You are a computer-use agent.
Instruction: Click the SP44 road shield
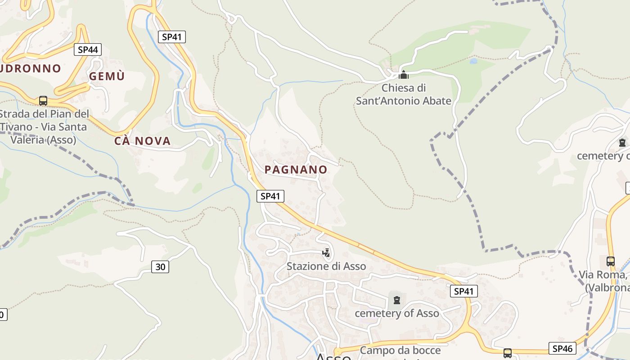click(88, 49)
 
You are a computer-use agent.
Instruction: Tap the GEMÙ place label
click(107, 76)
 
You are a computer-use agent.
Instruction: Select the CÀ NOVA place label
click(142, 141)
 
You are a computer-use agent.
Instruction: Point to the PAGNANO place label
click(296, 169)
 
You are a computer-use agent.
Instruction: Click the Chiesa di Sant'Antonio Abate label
click(403, 94)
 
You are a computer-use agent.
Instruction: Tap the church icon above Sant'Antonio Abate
click(404, 75)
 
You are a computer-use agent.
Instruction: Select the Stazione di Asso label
click(326, 266)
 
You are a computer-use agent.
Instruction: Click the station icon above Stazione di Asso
click(326, 253)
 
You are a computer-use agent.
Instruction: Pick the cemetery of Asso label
click(396, 313)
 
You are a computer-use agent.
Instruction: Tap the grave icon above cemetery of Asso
click(396, 300)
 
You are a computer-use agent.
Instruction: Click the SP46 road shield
click(562, 348)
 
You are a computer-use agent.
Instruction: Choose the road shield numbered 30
click(160, 267)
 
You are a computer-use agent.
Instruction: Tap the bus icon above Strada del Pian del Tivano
click(43, 100)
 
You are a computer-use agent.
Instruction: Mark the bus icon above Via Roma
click(611, 261)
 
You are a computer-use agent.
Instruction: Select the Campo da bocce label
click(400, 350)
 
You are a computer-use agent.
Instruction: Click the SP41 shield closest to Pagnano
click(270, 196)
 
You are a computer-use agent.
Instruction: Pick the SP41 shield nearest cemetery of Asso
click(463, 291)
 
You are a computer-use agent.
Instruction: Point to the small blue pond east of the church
click(473, 61)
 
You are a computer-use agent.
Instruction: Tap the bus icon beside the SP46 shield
click(508, 353)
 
